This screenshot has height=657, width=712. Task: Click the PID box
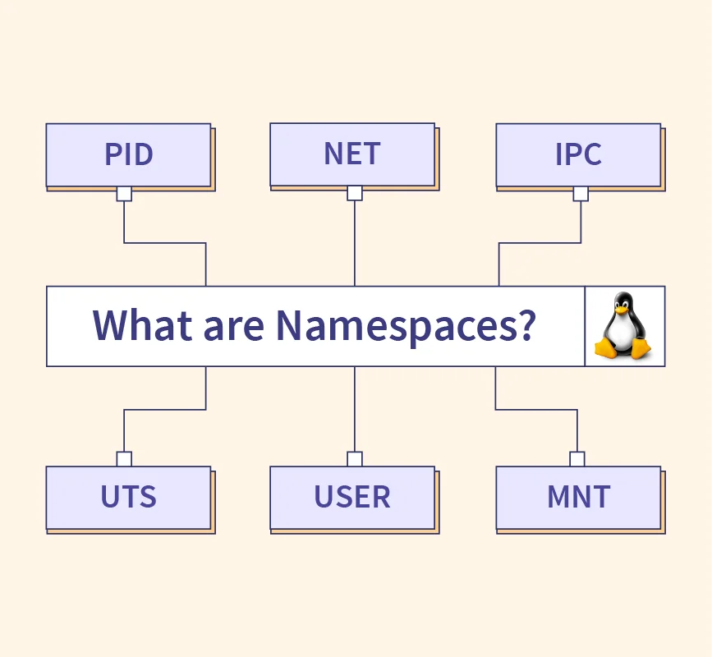tap(128, 154)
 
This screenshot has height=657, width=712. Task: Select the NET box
tap(352, 154)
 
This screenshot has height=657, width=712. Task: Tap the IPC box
tap(578, 154)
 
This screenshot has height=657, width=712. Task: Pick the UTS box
tap(128, 497)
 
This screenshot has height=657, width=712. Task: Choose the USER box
tap(352, 497)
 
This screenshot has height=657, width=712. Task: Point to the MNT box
tap(578, 497)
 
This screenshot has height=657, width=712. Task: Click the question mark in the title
tap(526, 325)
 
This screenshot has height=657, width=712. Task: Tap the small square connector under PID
tap(124, 194)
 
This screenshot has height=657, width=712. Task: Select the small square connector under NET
tap(355, 193)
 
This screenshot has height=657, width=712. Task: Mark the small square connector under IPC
tap(581, 194)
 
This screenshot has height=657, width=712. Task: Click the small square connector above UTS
tap(124, 459)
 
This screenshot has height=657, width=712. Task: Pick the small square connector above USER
tap(355, 459)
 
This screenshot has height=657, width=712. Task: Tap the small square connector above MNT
tap(577, 459)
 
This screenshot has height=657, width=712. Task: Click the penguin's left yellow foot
tap(606, 349)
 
